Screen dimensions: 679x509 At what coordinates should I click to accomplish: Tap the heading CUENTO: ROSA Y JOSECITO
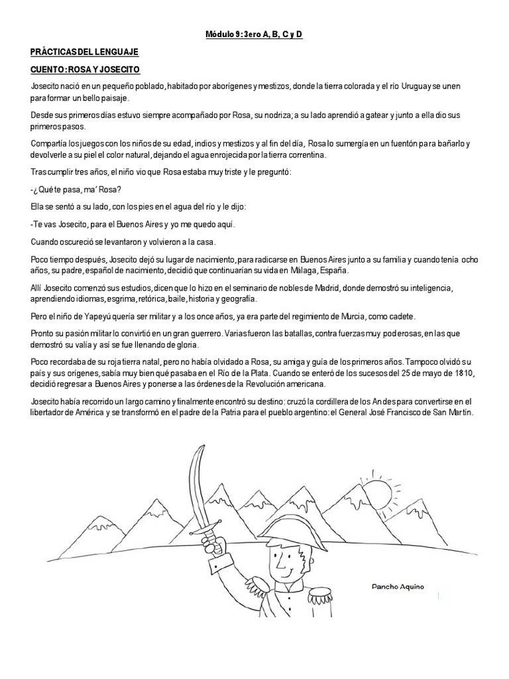(85, 69)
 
